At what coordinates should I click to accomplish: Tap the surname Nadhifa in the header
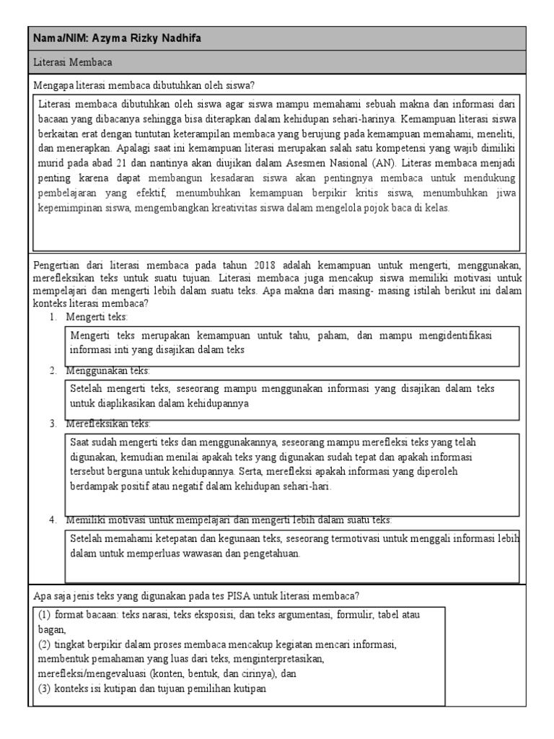click(179, 38)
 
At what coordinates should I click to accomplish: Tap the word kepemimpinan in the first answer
click(71, 209)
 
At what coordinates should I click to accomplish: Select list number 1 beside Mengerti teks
click(53, 317)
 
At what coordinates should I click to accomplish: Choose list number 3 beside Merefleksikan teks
click(53, 424)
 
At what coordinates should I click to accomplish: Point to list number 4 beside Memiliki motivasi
click(53, 520)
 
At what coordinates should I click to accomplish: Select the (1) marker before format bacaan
click(46, 615)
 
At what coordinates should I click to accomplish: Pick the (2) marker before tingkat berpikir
click(46, 644)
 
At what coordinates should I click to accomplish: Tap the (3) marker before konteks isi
click(46, 688)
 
